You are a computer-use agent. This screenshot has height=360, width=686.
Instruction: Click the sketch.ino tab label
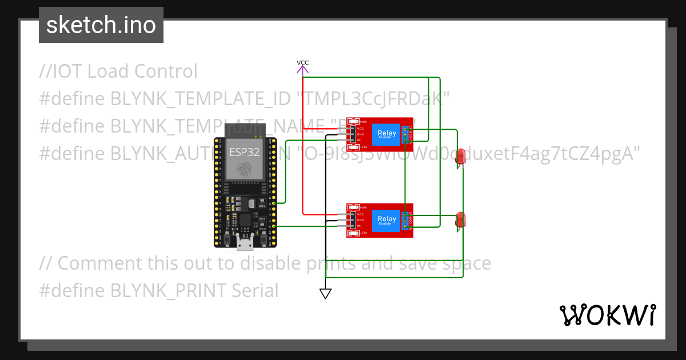(x=101, y=25)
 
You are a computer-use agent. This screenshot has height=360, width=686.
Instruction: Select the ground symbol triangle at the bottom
(x=325, y=294)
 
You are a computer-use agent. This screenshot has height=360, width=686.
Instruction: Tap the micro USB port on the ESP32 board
(x=246, y=244)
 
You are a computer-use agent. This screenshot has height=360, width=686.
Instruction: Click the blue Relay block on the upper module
(x=386, y=134)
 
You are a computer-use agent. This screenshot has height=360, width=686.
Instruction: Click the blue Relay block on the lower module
(x=386, y=219)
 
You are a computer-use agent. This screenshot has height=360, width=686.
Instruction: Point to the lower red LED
(x=460, y=221)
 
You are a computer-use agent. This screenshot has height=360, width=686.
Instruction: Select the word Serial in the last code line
(x=255, y=291)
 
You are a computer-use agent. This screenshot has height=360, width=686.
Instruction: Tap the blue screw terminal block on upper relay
(x=406, y=134)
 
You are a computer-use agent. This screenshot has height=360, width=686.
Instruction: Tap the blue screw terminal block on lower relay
(x=406, y=220)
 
